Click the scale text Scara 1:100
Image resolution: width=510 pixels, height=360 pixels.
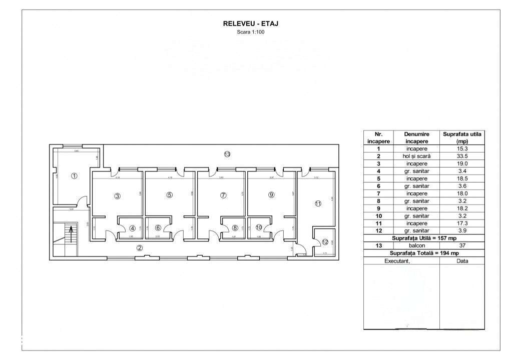pos(251,32)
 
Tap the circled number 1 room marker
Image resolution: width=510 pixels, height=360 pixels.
pos(74,175)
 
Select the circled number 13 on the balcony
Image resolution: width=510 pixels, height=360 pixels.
pos(227,154)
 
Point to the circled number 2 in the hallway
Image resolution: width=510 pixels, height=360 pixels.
pos(140,247)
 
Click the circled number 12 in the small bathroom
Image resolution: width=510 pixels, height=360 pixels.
pos(325,242)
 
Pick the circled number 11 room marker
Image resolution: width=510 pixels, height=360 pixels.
pos(317,203)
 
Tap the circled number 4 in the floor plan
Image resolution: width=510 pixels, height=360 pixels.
pos(133,228)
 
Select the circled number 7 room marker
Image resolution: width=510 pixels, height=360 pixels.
pos(223,195)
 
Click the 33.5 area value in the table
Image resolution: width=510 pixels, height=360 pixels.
pos(462,156)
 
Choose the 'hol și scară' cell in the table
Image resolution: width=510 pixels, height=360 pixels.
pos(416,156)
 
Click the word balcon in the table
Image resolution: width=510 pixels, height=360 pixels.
pos(416,245)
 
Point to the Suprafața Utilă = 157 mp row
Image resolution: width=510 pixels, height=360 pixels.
pos(424,238)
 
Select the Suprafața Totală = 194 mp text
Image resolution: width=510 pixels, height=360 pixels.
pos(424,253)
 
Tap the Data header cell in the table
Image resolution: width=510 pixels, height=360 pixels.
pos(462,261)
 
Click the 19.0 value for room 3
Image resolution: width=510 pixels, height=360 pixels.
pos(462,163)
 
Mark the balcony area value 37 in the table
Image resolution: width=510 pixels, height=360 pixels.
pos(462,245)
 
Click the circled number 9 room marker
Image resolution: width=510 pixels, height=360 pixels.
pos(271,195)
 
